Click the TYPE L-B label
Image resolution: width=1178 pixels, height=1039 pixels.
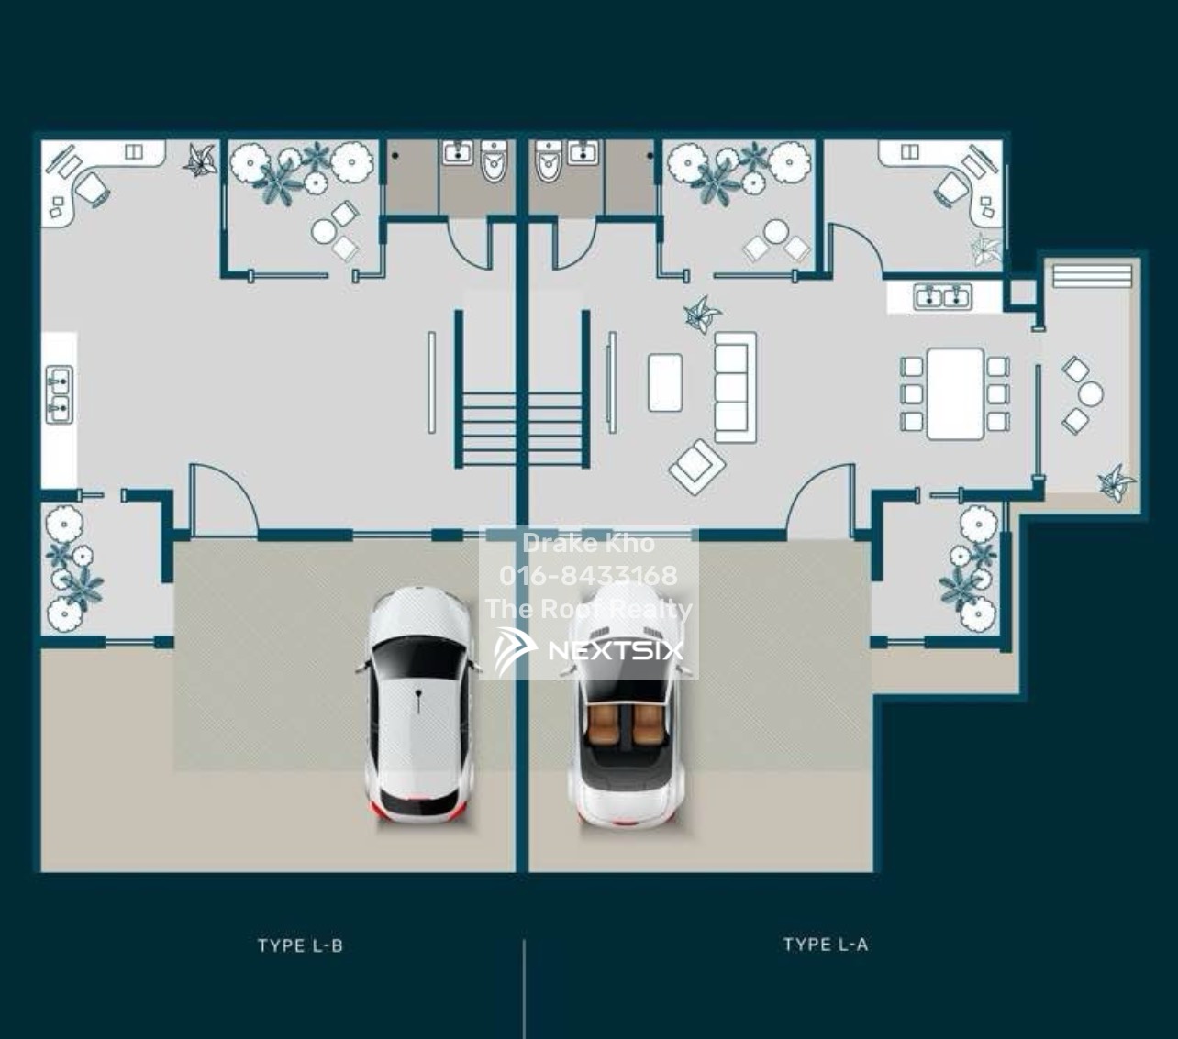coord(300,945)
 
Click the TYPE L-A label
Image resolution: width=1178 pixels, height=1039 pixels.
coord(826,945)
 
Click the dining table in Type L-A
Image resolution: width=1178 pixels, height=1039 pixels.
coord(955,393)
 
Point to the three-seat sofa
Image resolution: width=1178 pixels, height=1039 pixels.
coord(736,388)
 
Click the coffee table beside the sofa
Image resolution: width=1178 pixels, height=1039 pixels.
coord(665,383)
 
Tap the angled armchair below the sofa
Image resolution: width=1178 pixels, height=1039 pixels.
coord(696,467)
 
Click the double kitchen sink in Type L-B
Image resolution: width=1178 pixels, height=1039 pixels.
coord(60,394)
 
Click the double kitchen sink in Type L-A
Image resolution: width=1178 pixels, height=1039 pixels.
coord(942,296)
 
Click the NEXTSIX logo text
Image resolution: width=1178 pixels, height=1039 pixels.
coord(616,651)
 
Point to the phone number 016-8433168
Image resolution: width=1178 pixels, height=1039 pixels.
coord(588,575)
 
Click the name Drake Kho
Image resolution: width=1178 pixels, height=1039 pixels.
coord(588,543)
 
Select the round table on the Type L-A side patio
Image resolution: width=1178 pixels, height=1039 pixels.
coord(1090,394)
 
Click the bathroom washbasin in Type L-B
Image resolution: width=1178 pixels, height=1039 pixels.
coord(458,152)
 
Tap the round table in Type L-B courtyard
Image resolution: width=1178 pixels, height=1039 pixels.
coord(323,231)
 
